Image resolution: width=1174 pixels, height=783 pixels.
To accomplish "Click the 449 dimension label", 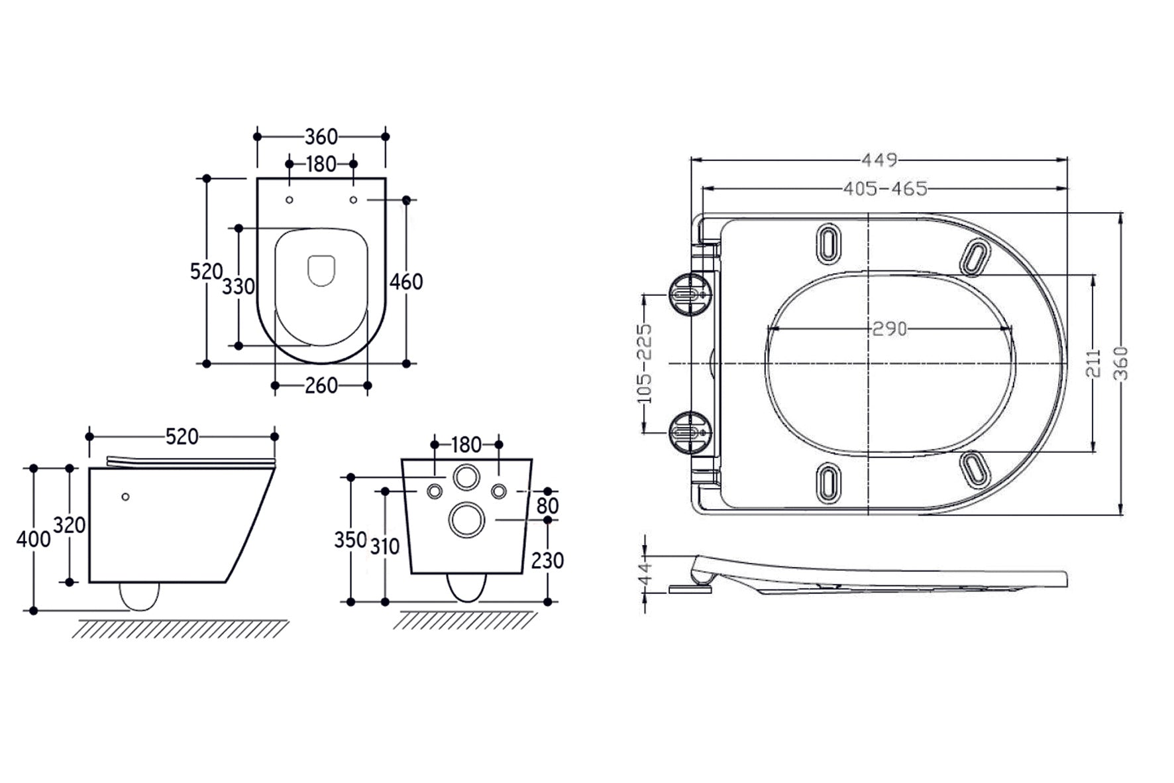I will click(x=879, y=160).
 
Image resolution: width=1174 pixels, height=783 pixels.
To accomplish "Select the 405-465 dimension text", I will click(x=885, y=189).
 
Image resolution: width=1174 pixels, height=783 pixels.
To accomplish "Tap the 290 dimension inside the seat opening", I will click(x=889, y=328).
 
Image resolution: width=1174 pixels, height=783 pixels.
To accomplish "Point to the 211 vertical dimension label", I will click(x=1094, y=363).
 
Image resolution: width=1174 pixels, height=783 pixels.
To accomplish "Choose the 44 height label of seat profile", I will click(x=645, y=572).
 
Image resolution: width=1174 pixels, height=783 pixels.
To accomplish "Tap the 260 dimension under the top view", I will click(x=321, y=385).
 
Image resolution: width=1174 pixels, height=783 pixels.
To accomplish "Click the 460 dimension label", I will click(x=405, y=282).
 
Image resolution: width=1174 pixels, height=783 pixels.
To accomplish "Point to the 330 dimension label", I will click(x=238, y=286).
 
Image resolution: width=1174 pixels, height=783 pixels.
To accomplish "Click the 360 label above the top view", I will click(x=321, y=137).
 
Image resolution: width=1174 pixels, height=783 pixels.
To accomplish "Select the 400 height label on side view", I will click(x=33, y=539).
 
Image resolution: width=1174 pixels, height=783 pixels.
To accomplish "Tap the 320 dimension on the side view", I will click(x=70, y=525).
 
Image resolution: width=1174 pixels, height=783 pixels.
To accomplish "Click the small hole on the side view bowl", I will click(x=125, y=497).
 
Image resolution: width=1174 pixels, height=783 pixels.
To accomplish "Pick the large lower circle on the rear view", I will click(x=466, y=519).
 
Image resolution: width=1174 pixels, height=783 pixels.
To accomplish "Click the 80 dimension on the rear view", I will click(x=547, y=505).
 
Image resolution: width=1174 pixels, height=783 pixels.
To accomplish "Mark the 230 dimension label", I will click(x=547, y=561).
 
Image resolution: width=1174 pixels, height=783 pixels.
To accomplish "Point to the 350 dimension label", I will click(x=350, y=540).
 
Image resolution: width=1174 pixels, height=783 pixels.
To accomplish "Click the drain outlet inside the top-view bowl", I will click(x=321, y=271).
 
